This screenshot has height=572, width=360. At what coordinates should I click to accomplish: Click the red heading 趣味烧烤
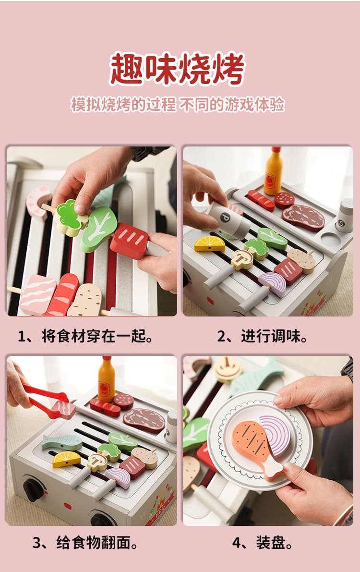click(177, 69)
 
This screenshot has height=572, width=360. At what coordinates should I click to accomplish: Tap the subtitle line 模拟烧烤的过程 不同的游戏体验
click(177, 105)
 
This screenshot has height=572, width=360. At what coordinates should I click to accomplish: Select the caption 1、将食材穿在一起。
click(86, 336)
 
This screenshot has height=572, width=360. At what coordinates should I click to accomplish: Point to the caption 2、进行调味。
click(262, 336)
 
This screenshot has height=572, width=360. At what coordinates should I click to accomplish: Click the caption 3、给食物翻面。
click(86, 543)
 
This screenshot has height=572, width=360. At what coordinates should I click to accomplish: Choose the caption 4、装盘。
click(262, 543)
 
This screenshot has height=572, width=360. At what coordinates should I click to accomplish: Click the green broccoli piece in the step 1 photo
click(71, 218)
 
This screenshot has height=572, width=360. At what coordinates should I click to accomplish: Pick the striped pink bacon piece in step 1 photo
click(37, 295)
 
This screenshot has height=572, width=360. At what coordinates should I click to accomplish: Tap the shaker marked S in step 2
click(344, 216)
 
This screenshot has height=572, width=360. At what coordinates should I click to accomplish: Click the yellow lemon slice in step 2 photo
click(209, 244)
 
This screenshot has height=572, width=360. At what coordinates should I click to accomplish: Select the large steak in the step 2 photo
click(303, 218)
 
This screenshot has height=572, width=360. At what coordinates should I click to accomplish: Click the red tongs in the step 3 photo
click(46, 402)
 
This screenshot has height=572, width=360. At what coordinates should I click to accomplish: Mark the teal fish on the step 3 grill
click(62, 442)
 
